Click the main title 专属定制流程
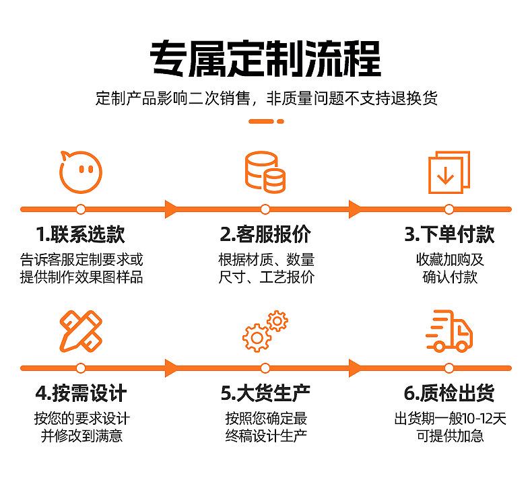coord(265,59)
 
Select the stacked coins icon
coord(265,172)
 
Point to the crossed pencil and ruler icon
coord(80,332)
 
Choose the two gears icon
coord(265,331)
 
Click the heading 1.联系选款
coord(80,234)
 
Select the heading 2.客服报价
coord(265,234)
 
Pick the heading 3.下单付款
coord(449,234)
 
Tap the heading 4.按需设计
coord(80,393)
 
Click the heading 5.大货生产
coord(265,393)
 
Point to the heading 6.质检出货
coord(449,393)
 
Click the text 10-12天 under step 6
coord(486,419)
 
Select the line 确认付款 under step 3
coord(449,277)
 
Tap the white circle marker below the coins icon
coord(265,209)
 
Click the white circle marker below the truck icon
coord(449,368)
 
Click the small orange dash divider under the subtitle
coord(265,121)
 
